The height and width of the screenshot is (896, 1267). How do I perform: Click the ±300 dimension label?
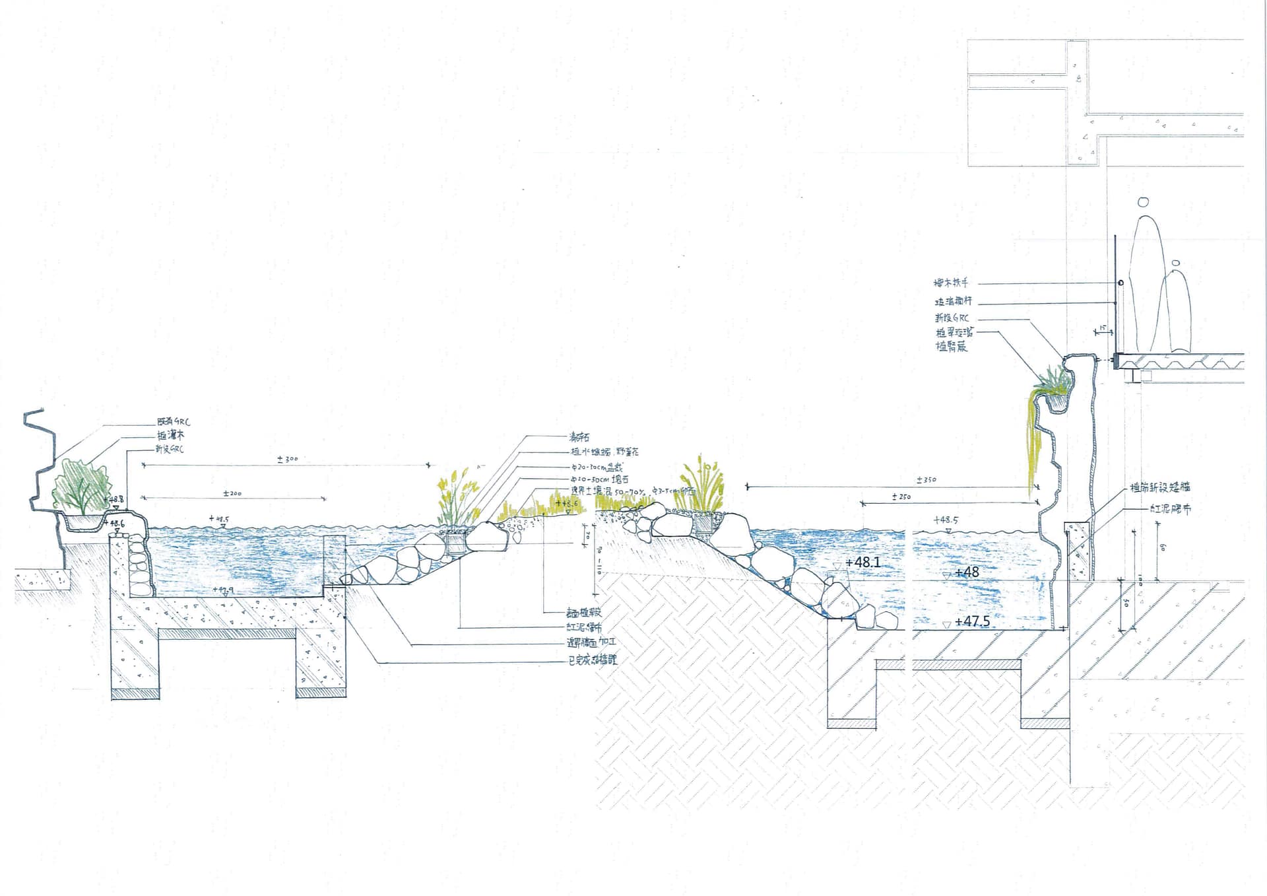tap(288, 458)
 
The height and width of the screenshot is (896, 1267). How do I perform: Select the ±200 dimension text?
tap(232, 493)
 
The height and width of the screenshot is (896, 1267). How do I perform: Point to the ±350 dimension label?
tap(926, 479)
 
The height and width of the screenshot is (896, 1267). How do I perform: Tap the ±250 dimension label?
tap(901, 497)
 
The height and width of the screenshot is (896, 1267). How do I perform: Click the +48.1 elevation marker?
tap(862, 563)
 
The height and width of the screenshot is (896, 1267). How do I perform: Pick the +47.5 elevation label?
tap(972, 621)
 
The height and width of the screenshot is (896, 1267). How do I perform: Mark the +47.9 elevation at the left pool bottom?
tap(223, 589)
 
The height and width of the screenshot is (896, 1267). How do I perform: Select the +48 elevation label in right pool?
tap(967, 572)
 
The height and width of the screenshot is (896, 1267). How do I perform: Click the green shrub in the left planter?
tap(82, 487)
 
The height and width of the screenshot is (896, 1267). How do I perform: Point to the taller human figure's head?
tap(1143, 202)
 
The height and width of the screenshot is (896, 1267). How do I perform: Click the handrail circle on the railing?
tap(1121, 283)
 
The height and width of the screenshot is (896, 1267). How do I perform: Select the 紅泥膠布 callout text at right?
tap(1170, 509)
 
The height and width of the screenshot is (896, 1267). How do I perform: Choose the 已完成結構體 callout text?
tap(593, 659)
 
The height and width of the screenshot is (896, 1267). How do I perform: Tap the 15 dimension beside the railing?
tap(1102, 327)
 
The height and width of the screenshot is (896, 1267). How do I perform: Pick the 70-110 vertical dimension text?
tap(599, 561)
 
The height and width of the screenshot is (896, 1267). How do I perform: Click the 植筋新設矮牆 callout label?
tap(1159, 488)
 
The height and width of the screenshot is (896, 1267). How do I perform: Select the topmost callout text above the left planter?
tap(174, 421)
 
